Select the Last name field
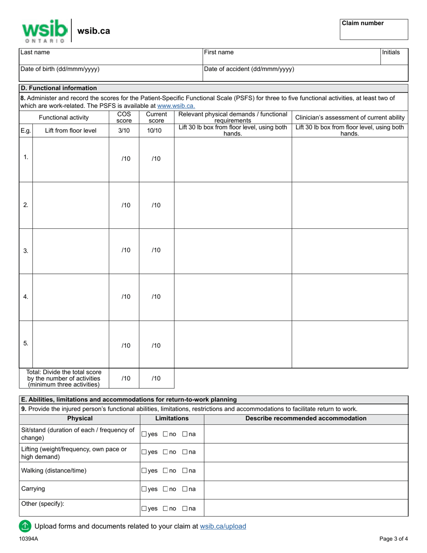click(111, 56)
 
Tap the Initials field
click(394, 56)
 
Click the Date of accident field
click(305, 73)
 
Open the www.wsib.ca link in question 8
click(176, 106)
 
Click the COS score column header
click(124, 117)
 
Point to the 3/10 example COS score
click(124, 131)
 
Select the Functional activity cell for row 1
click(71, 160)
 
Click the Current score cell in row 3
click(156, 250)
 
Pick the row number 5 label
click(26, 343)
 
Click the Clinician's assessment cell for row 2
click(350, 205)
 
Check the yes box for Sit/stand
click(144, 434)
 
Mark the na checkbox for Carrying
click(185, 489)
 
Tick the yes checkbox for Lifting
click(144, 452)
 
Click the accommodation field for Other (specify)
click(306, 508)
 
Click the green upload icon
click(25, 526)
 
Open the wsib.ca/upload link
click(223, 526)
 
